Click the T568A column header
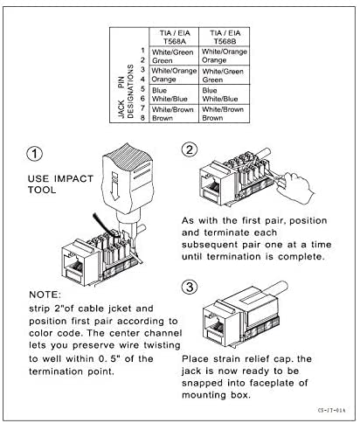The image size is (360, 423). (x=175, y=37)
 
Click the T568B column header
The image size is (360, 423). (x=225, y=37)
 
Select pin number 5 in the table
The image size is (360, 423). (x=142, y=89)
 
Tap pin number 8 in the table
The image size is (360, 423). (x=142, y=117)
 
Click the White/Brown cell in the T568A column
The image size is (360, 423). (x=173, y=109)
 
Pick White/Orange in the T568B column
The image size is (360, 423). (x=225, y=52)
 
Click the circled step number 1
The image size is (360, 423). (x=34, y=154)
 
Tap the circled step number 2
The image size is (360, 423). (x=190, y=149)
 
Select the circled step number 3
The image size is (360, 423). (x=190, y=287)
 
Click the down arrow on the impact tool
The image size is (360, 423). (x=115, y=186)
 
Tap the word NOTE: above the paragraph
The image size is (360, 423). (x=45, y=295)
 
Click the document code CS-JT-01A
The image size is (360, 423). (x=331, y=410)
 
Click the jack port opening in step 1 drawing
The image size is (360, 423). (x=75, y=266)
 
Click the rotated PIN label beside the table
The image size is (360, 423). (x=121, y=82)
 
